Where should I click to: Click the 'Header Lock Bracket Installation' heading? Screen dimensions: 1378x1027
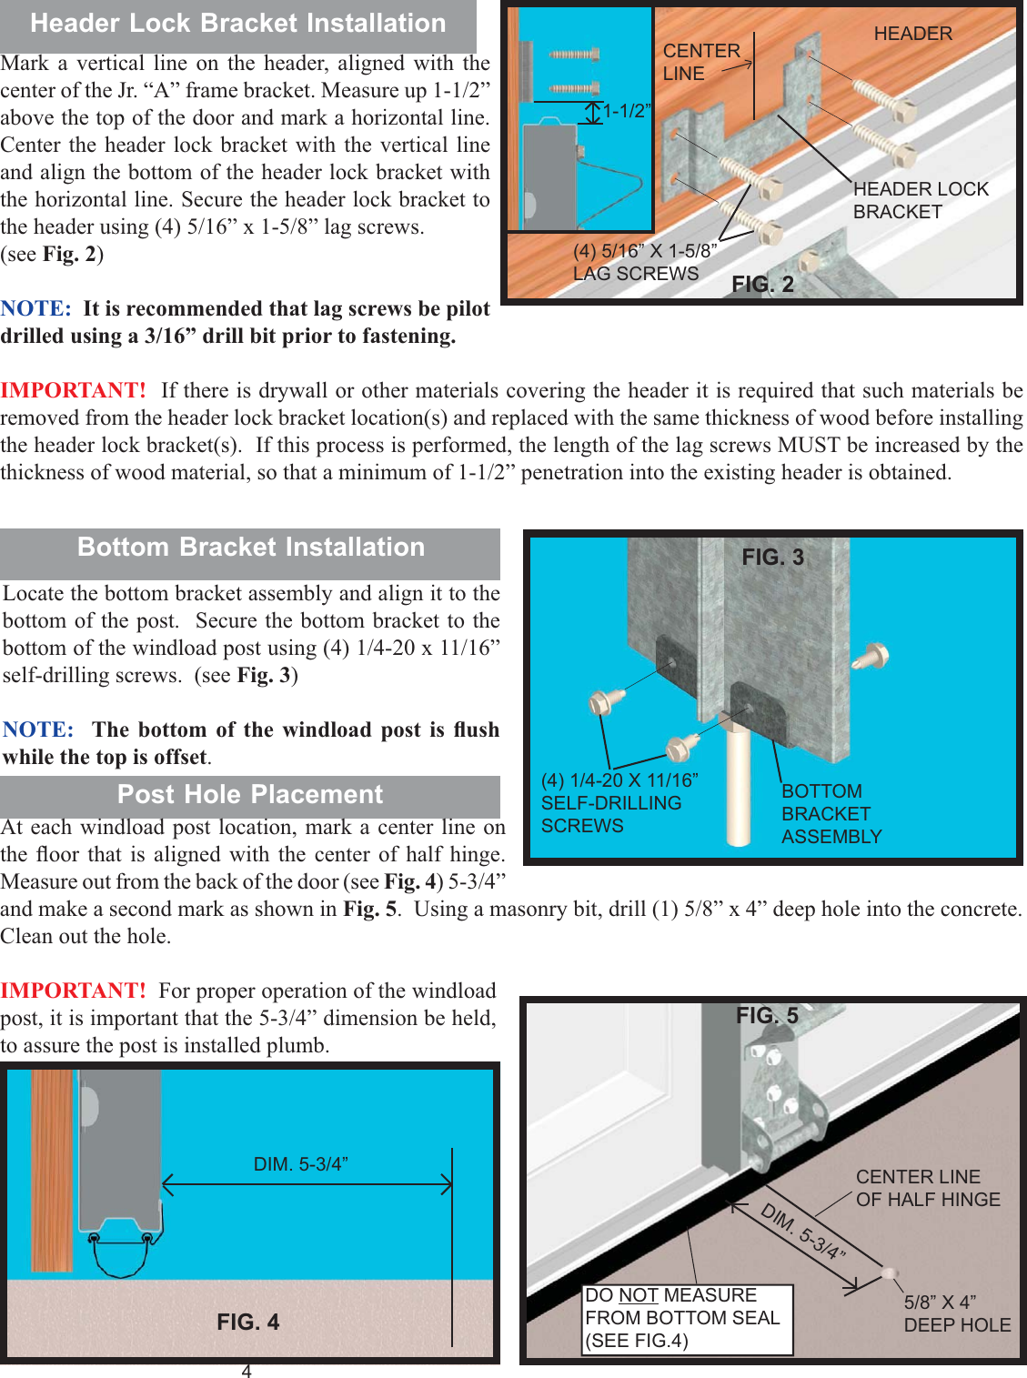(237, 24)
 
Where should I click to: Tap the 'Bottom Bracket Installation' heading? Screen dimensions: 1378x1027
(250, 548)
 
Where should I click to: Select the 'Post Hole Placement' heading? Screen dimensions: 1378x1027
(250, 795)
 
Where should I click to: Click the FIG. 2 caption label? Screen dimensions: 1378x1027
(762, 285)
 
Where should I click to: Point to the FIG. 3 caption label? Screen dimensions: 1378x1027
(772, 558)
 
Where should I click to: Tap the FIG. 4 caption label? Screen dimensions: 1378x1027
(247, 1322)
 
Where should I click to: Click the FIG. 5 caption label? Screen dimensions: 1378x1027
(767, 1016)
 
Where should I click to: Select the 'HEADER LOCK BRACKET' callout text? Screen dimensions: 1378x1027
(920, 201)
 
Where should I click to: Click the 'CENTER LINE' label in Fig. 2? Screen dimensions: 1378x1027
(701, 63)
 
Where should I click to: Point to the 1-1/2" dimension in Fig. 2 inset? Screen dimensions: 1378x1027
(627, 112)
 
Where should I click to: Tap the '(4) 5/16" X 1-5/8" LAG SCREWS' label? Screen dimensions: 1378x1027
(644, 263)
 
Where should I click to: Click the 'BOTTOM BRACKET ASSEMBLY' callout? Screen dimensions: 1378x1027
(831, 814)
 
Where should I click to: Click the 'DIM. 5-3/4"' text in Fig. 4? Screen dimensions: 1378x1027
(300, 1164)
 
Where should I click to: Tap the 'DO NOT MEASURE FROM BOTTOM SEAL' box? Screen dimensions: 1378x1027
(687, 1318)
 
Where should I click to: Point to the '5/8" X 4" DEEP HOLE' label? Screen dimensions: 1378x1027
(956, 1314)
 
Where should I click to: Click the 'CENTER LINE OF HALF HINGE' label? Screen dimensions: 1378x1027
(927, 1189)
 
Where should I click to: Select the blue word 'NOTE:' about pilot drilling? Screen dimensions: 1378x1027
(35, 309)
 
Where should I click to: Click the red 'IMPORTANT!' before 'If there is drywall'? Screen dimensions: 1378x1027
(73, 391)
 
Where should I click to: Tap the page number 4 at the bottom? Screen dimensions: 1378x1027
(247, 1371)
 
